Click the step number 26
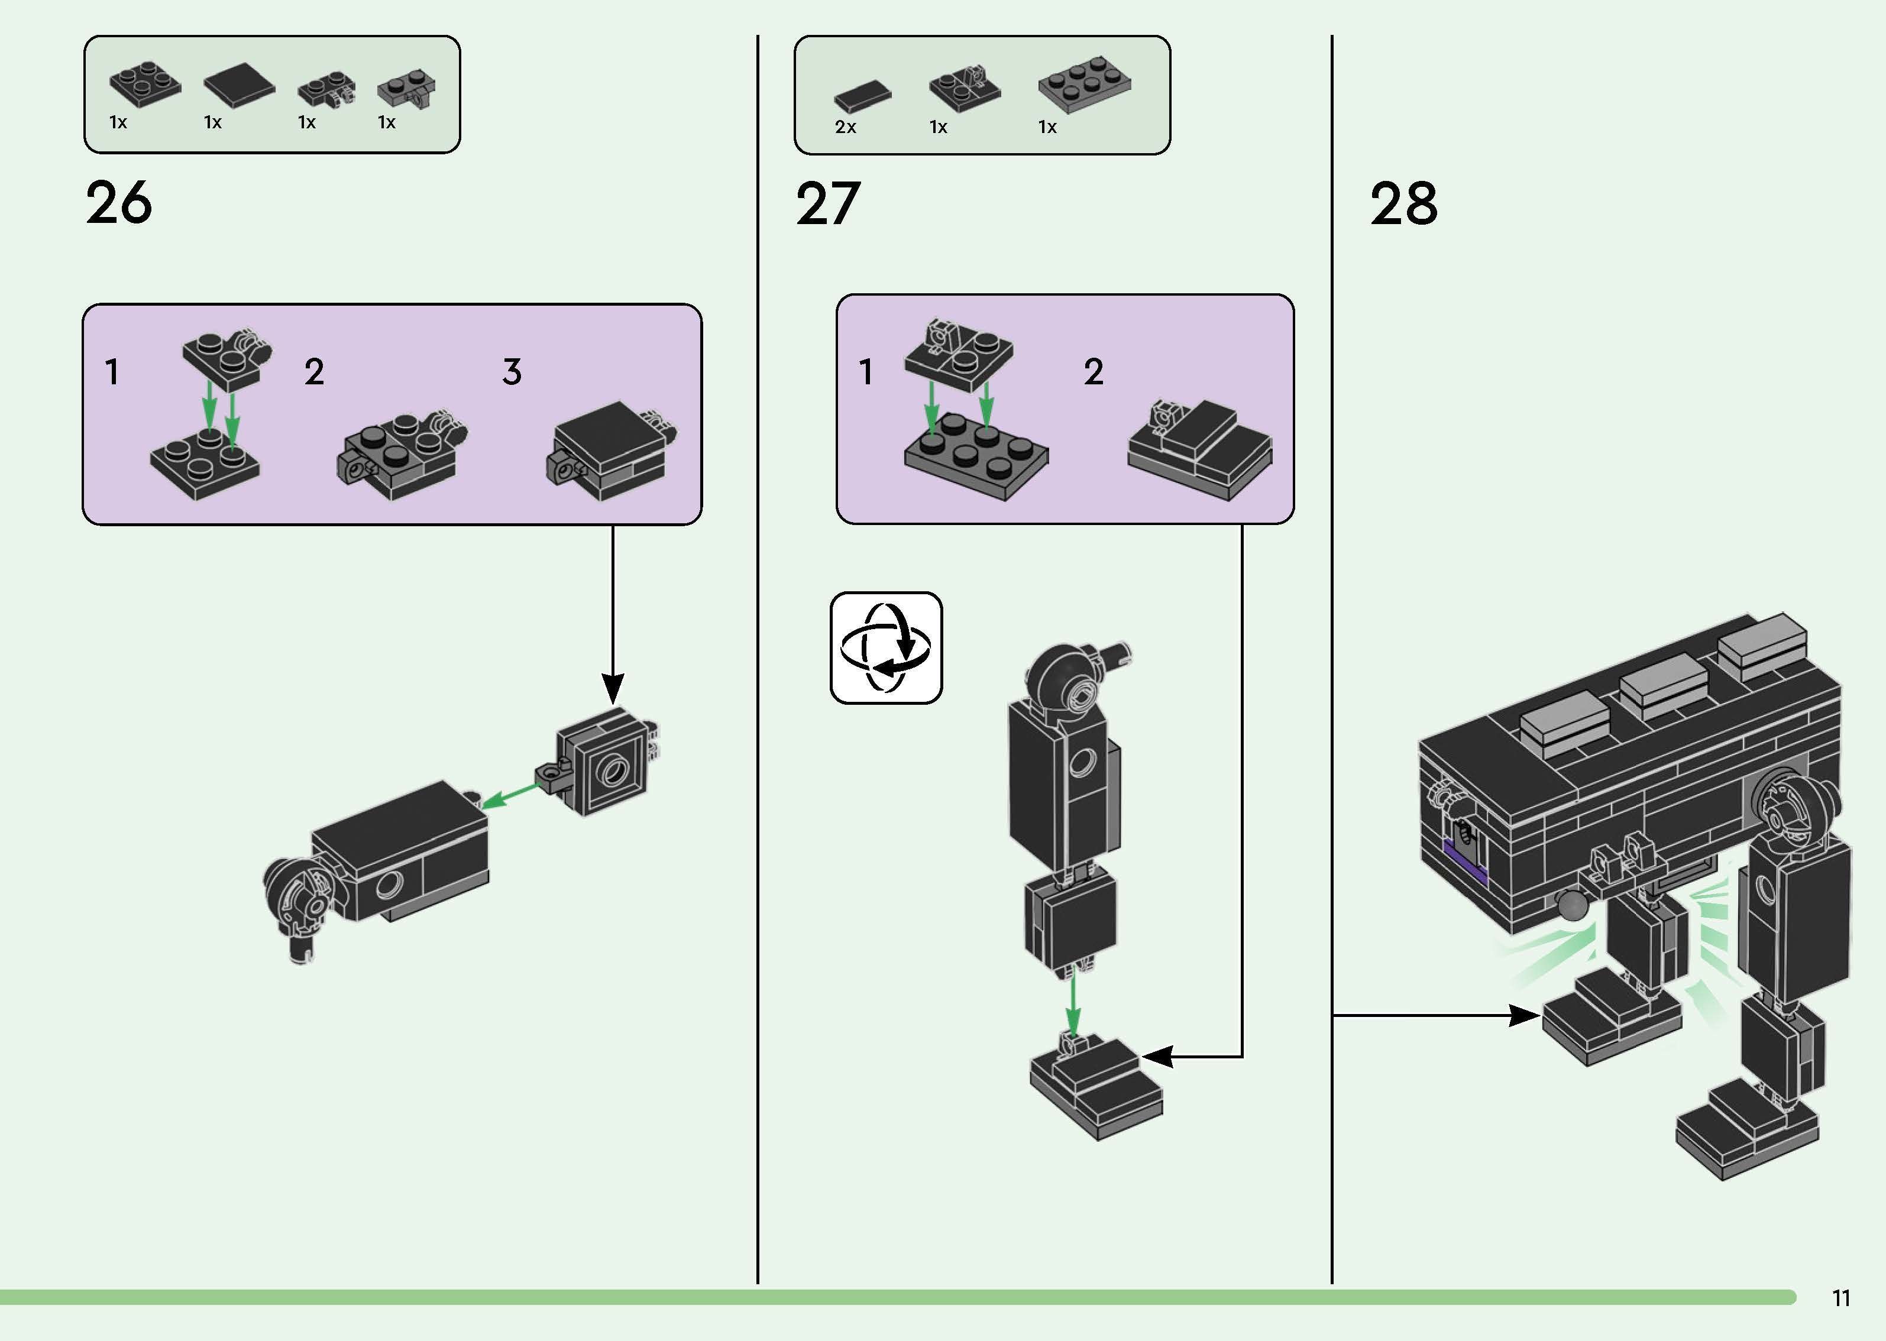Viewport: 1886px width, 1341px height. (x=119, y=203)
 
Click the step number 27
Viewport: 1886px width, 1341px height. (x=827, y=204)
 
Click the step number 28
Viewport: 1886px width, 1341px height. (x=1403, y=204)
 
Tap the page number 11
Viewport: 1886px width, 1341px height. (x=1840, y=1298)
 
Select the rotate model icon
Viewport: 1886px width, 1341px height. (x=885, y=647)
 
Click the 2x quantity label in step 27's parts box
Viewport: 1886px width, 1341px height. (x=845, y=127)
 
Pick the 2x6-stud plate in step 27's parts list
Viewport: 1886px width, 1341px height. (x=1084, y=83)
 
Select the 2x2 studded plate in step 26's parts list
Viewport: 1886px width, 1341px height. (x=144, y=84)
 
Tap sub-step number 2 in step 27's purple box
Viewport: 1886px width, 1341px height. (x=1094, y=371)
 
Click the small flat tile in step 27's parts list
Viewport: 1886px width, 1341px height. (x=862, y=96)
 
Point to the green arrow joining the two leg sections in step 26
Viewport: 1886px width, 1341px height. (x=512, y=794)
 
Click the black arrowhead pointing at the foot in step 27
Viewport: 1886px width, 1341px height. (x=1156, y=1056)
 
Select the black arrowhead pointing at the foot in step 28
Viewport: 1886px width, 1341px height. (x=1524, y=1016)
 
